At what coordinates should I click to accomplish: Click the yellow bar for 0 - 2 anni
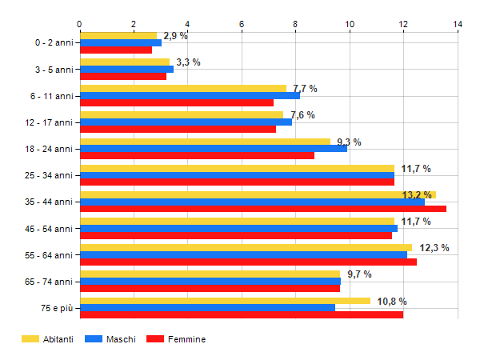pos(118,35)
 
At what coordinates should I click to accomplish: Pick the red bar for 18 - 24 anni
pos(198,155)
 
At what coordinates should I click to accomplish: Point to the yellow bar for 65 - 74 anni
pos(210,274)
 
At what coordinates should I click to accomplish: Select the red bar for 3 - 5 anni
pos(123,77)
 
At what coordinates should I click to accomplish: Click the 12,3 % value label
pos(434,248)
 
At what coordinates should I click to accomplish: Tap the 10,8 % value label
pos(392,301)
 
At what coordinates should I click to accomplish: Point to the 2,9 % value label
pos(175,36)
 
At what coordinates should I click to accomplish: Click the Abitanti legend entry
pos(48,339)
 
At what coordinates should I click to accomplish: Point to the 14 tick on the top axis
pos(458,25)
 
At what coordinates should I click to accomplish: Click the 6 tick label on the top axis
pos(242,25)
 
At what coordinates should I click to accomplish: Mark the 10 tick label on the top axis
pos(350,25)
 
